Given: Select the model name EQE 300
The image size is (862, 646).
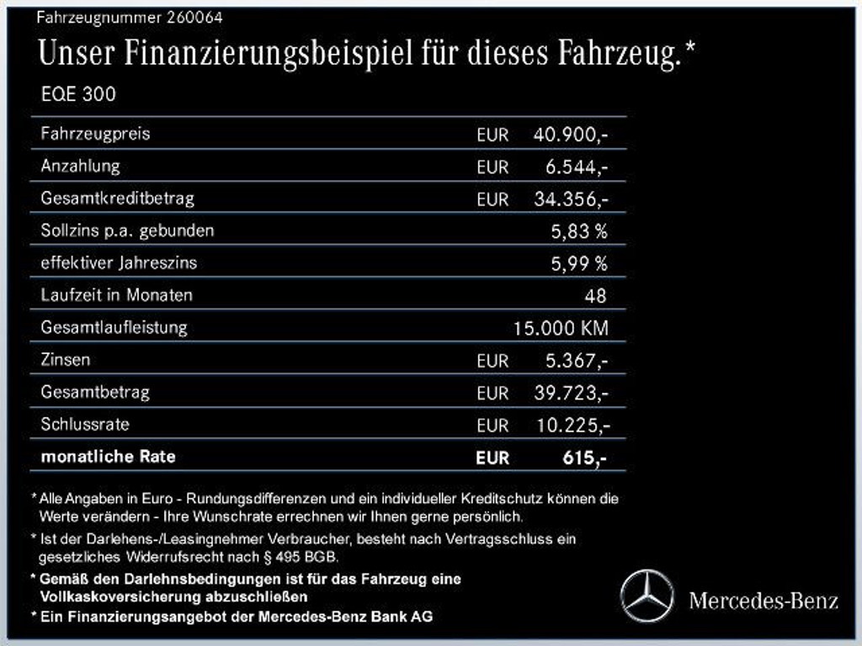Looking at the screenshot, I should [x=78, y=94].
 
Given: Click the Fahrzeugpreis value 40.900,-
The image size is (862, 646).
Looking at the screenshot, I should [x=570, y=135].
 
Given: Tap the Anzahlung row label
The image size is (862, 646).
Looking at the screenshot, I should [x=80, y=166].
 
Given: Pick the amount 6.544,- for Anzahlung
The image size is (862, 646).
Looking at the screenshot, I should [x=576, y=167].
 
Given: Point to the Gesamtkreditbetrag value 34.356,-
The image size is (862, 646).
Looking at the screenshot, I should [x=570, y=199].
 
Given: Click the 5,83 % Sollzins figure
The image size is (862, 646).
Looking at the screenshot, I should [x=578, y=231].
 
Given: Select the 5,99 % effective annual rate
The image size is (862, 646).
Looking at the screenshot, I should [x=578, y=263].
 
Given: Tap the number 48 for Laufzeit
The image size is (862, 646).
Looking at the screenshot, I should [x=594, y=296].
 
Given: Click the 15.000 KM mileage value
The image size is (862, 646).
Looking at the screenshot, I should [x=560, y=328].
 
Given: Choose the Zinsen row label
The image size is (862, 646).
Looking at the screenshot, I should [x=65, y=359].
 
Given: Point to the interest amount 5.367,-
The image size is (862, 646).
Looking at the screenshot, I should [x=576, y=361].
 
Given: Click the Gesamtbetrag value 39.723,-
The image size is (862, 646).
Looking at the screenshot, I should [x=570, y=393].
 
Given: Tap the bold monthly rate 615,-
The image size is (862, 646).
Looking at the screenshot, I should [x=583, y=458].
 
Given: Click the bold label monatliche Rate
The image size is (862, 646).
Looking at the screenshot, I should [x=108, y=457].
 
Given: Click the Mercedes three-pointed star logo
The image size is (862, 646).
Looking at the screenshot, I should [x=647, y=596].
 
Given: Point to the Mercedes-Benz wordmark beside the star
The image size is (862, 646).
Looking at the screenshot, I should [x=764, y=600].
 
